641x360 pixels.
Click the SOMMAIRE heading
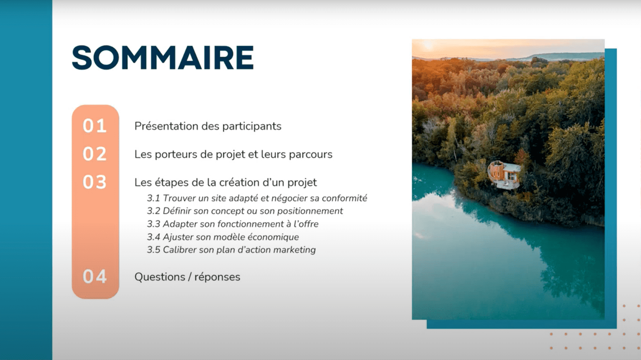click(163, 58)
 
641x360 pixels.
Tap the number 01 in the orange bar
click(95, 126)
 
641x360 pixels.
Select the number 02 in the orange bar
click(95, 154)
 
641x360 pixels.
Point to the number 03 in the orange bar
click(95, 182)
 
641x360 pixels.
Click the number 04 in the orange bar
click(95, 277)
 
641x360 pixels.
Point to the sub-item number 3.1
click(153, 198)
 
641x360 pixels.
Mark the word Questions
click(160, 277)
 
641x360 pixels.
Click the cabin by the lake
click(504, 174)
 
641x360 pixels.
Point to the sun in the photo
click(428, 45)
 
